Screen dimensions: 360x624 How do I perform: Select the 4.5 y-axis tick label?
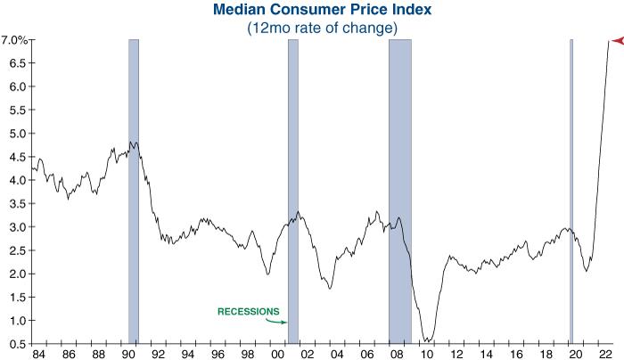click(17, 134)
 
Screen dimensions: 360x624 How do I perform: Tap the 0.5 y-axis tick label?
click(17, 343)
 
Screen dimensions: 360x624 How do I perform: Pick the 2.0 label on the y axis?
click(17, 274)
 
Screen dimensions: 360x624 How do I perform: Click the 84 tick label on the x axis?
click(38, 354)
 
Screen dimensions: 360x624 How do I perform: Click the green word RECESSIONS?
click(249, 312)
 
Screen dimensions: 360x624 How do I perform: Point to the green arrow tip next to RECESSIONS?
click(286, 323)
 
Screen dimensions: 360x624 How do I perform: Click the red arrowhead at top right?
click(616, 40)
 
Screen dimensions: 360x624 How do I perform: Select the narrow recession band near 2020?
click(571, 192)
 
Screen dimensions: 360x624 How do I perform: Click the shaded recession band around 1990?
click(134, 192)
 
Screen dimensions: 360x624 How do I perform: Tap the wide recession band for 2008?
click(399, 192)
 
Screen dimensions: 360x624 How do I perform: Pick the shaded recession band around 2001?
click(292, 192)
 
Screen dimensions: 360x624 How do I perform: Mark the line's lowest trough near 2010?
click(428, 340)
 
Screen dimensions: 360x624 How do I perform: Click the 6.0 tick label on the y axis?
click(17, 87)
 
